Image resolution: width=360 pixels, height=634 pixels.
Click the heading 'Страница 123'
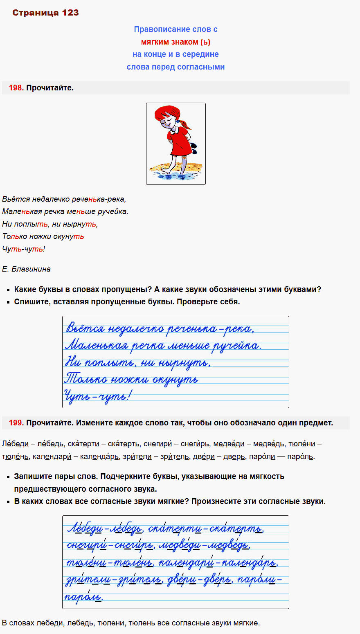[45, 13]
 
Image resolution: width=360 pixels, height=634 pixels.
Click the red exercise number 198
[16, 88]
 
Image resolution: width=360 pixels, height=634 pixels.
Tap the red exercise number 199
[16, 423]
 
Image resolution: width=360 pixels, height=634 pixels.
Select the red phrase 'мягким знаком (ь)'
[175, 42]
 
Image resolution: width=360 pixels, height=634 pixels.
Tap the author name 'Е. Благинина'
[26, 269]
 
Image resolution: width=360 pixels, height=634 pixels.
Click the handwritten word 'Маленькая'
[97, 346]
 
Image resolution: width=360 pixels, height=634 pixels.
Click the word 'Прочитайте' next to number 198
[49, 88]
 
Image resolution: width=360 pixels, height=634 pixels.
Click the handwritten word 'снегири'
[86, 545]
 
